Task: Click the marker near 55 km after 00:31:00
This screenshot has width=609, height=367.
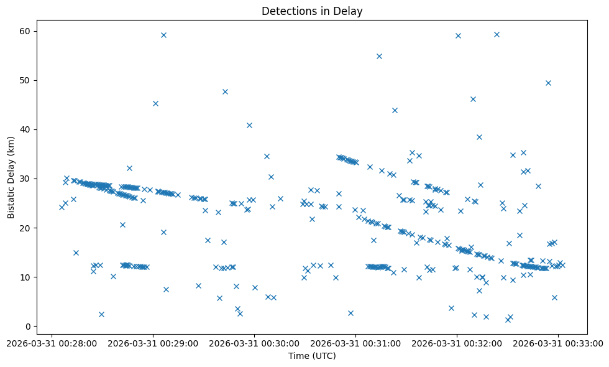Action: pyautogui.click(x=379, y=56)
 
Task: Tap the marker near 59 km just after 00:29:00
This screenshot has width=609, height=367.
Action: pyautogui.click(x=163, y=35)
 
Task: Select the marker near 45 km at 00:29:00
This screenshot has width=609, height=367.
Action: pyautogui.click(x=155, y=103)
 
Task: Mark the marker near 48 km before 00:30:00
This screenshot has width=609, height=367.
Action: pyautogui.click(x=225, y=91)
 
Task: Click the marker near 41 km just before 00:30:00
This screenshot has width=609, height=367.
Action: pyautogui.click(x=249, y=125)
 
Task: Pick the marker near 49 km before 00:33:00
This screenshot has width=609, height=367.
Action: pyautogui.click(x=548, y=83)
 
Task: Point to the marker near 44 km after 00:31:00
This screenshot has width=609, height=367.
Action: pyautogui.click(x=395, y=110)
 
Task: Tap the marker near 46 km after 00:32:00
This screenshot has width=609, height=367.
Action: pyautogui.click(x=473, y=99)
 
